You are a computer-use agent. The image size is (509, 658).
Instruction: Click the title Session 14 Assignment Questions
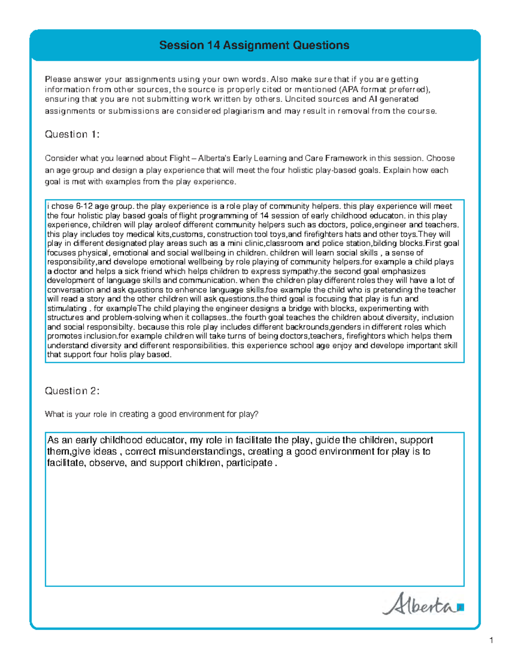tap(254, 45)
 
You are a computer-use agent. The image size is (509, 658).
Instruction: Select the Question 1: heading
tap(72, 134)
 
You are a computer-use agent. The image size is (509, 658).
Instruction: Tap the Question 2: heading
tap(72, 391)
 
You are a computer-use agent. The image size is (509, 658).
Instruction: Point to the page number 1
tap(491, 640)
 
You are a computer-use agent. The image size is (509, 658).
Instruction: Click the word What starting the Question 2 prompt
tap(54, 414)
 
